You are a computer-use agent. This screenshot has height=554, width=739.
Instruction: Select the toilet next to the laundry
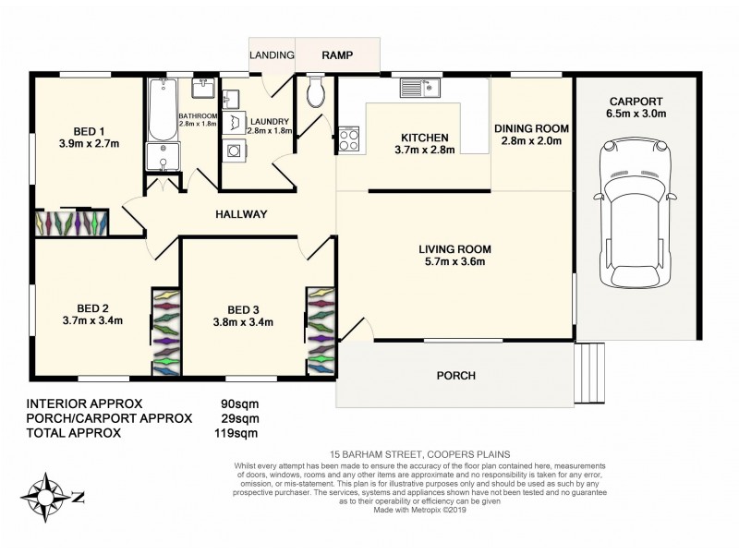coord(315,91)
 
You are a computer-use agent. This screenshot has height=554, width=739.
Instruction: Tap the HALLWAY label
coord(241,214)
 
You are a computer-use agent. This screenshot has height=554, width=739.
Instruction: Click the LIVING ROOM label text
coord(454,249)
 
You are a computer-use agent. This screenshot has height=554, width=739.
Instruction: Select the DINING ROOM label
coord(531,128)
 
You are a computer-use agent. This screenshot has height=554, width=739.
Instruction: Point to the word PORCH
coord(456,376)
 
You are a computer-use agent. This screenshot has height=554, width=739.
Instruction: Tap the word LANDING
coord(272,55)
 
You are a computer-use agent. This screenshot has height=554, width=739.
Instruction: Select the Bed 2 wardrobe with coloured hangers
coord(164,331)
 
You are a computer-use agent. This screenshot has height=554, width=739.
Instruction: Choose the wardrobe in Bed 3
coord(319,330)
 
